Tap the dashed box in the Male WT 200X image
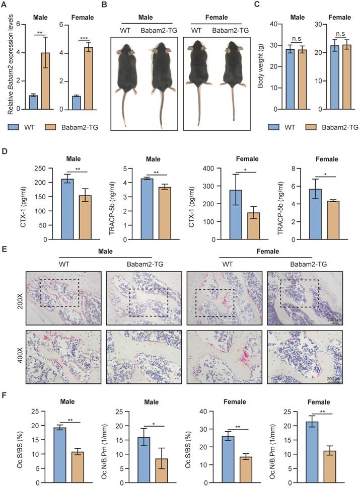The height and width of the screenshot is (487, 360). [59, 293]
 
